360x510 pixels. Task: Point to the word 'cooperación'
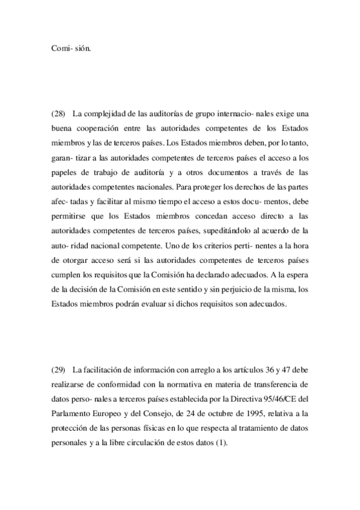point(113,128)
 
